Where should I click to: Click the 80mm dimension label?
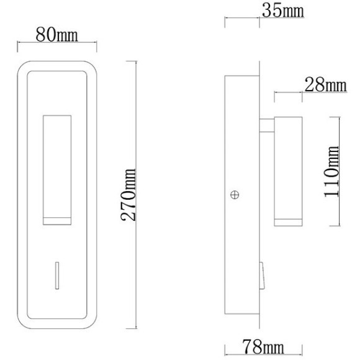(x=56, y=34)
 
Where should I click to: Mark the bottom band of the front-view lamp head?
(x=56, y=220)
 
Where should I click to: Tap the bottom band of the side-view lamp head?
(x=287, y=221)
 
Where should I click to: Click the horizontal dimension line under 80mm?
(x=56, y=43)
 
